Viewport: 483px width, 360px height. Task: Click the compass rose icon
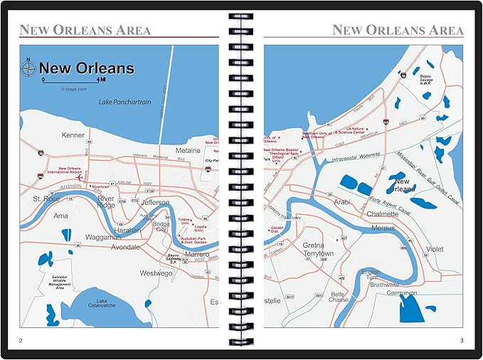pyautogui.click(x=28, y=69)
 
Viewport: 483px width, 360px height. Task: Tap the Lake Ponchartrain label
pyautogui.click(x=125, y=102)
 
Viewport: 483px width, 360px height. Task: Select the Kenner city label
pyautogui.click(x=73, y=134)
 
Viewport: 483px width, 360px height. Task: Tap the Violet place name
pyautogui.click(x=434, y=250)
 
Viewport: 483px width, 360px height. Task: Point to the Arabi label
pyautogui.click(x=343, y=202)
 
